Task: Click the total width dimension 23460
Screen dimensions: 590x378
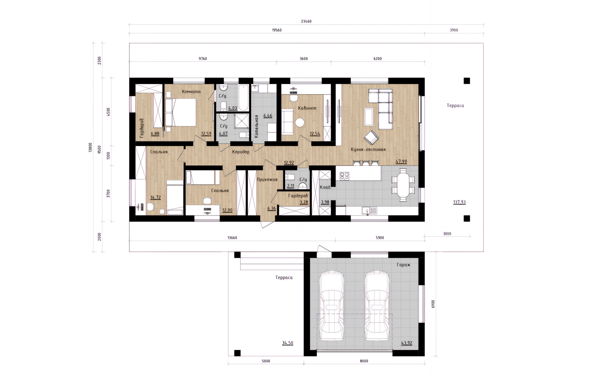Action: point(306,22)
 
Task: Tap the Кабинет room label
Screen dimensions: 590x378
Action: point(307,108)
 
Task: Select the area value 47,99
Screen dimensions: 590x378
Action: point(401,161)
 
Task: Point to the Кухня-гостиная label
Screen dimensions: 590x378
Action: point(368,149)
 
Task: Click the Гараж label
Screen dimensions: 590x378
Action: point(403,265)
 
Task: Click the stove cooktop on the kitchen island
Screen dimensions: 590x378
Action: point(344,176)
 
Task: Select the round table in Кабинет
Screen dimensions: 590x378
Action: point(300,123)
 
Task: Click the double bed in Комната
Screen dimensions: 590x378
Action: point(180,112)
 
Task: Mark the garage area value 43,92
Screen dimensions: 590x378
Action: point(407,343)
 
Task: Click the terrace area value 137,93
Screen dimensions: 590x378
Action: point(459,202)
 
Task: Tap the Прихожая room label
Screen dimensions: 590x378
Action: point(267,180)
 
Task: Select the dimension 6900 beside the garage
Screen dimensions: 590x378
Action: point(433,304)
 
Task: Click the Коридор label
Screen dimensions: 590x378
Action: point(241,152)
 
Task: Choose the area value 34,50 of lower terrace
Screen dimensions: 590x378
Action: point(288,343)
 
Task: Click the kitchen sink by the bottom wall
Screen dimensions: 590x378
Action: point(369,211)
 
